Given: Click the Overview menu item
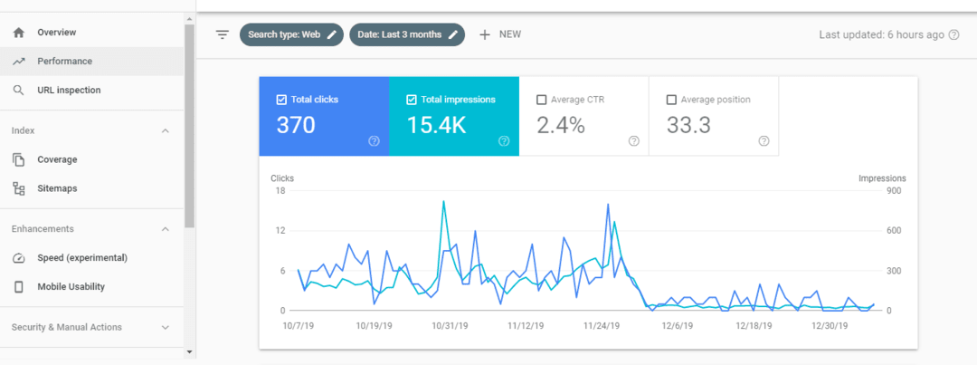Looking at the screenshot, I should (x=56, y=33).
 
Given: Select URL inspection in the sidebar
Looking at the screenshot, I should (x=69, y=91).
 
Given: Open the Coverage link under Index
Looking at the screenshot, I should (x=57, y=159).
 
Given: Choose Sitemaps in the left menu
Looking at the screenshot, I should (x=57, y=188).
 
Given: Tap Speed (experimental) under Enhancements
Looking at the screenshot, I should (x=81, y=258).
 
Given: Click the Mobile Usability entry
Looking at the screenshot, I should (x=71, y=287).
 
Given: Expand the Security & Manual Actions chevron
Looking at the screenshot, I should (x=165, y=328).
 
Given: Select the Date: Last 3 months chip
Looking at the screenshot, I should (x=407, y=34).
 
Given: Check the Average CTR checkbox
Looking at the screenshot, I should (x=542, y=100).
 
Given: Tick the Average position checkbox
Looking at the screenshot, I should (x=671, y=100).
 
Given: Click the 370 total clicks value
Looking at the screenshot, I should (x=296, y=126).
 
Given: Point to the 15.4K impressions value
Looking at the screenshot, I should (x=436, y=126).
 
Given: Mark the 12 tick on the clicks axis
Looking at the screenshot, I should (x=280, y=231).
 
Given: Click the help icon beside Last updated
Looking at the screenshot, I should (x=953, y=34).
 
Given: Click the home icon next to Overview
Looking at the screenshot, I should (x=19, y=33).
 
